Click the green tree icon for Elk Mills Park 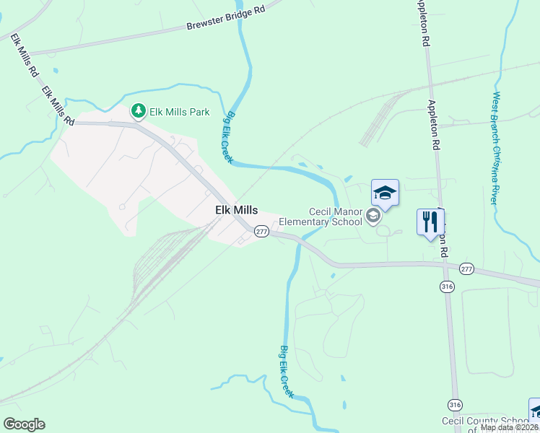pyautogui.click(x=138, y=111)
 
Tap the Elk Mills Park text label pyautogui.click(x=179, y=112)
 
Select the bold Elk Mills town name pyautogui.click(x=236, y=210)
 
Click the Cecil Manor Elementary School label pyautogui.click(x=335, y=216)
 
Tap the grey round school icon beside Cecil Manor pyautogui.click(x=373, y=216)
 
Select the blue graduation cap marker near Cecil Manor pyautogui.click(x=385, y=193)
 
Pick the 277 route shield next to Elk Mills pyautogui.click(x=261, y=232)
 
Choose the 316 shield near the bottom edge pyautogui.click(x=455, y=404)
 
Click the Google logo pyautogui.click(x=24, y=424)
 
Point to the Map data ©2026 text pyautogui.click(x=508, y=427)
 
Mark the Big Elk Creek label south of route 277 pyautogui.click(x=287, y=371)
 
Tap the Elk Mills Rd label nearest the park pyautogui.click(x=58, y=106)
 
